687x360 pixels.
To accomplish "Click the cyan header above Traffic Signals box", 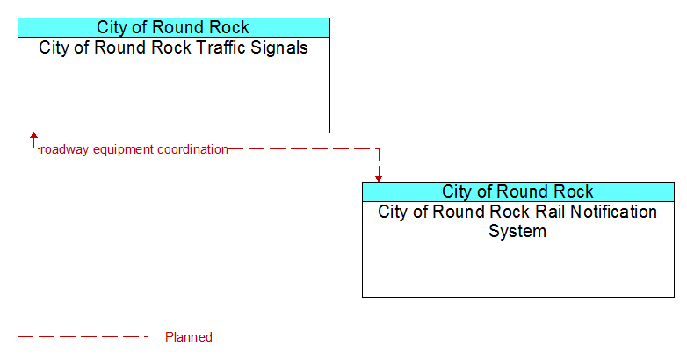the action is (174, 27).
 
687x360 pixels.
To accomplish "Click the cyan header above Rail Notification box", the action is (518, 191).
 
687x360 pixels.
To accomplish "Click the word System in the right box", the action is (517, 232).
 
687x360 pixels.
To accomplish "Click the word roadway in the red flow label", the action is (64, 150).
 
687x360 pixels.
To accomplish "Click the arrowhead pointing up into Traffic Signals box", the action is (33, 135).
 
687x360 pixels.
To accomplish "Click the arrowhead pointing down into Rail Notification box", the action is (379, 179).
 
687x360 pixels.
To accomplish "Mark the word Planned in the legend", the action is (189, 337).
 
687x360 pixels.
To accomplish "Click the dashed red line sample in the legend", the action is (83, 337).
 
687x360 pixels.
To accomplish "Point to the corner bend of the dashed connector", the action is (379, 149).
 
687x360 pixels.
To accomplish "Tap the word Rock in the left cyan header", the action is (228, 27).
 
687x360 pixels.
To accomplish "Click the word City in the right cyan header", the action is (456, 191).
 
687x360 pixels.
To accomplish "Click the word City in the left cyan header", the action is (111, 27).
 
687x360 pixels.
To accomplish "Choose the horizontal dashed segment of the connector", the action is (304, 149).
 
